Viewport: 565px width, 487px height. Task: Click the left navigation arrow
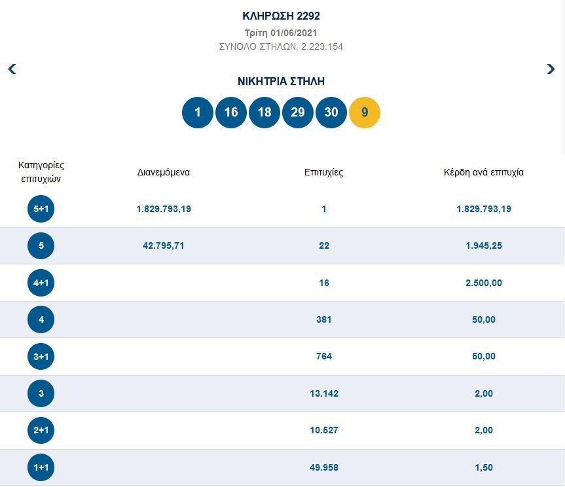click(x=12, y=69)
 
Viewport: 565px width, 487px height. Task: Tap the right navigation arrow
click(x=551, y=69)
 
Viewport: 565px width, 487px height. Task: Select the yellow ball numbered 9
click(x=365, y=112)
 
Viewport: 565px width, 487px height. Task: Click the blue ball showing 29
click(x=298, y=112)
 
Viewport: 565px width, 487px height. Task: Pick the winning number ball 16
click(x=231, y=112)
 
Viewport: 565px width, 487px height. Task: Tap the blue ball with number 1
click(x=198, y=112)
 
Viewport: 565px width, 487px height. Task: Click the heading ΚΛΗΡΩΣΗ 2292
click(x=282, y=16)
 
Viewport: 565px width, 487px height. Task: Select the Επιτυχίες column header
click(x=323, y=173)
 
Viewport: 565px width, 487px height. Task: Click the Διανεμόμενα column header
click(x=164, y=173)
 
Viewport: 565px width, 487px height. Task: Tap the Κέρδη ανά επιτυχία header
click(x=484, y=173)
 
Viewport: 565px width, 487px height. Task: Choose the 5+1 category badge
click(x=41, y=209)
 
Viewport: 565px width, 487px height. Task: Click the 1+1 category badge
click(x=41, y=467)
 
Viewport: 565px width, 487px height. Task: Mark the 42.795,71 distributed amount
click(x=164, y=245)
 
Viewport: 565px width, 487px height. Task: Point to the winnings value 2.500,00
click(x=484, y=283)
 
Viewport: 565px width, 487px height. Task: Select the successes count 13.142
click(x=324, y=393)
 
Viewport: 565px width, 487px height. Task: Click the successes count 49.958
click(x=324, y=467)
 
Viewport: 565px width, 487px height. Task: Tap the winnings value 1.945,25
click(x=484, y=245)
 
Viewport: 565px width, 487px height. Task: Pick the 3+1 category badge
click(x=41, y=356)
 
